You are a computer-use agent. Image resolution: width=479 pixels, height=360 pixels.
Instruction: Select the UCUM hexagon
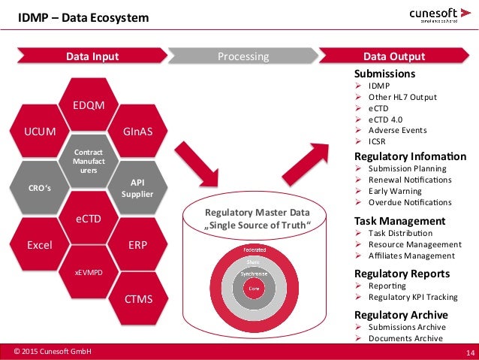click(x=40, y=132)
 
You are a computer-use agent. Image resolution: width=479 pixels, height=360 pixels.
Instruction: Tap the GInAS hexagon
click(x=137, y=132)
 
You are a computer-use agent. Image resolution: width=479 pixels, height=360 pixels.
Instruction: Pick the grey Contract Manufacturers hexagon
click(x=89, y=160)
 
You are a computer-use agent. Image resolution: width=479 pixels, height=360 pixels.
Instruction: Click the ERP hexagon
click(x=137, y=245)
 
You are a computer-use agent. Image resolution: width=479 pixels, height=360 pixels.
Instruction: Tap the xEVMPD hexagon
click(x=89, y=272)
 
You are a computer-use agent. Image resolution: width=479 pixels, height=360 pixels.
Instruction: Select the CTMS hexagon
click(x=137, y=299)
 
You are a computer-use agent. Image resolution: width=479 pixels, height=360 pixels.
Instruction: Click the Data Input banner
click(x=92, y=56)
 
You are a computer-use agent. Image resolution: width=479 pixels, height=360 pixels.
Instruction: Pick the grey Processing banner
click(x=243, y=56)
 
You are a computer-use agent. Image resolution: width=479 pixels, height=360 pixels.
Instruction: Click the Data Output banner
click(x=394, y=56)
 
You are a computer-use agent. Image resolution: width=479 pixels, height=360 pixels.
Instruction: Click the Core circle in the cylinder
click(x=255, y=288)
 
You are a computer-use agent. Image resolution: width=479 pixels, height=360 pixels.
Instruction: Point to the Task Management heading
click(x=399, y=221)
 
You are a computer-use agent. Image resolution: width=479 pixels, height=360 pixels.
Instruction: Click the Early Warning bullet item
click(x=395, y=190)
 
